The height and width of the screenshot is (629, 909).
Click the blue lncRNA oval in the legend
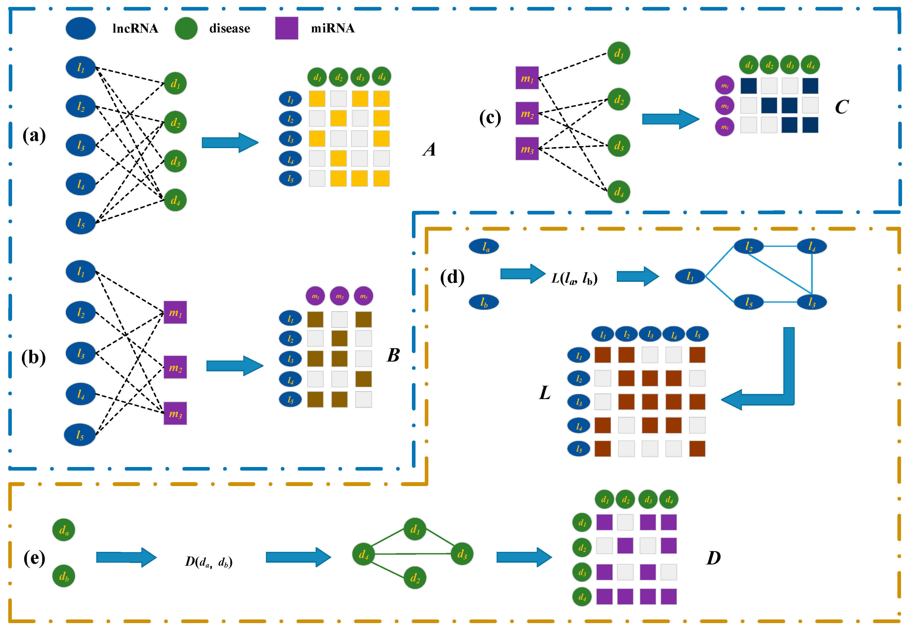tap(81, 28)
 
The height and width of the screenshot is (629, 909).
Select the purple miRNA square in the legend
tap(287, 28)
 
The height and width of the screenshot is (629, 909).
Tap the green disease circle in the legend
tap(186, 28)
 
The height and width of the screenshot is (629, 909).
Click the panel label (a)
tap(34, 136)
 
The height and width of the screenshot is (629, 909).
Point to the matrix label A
tap(429, 150)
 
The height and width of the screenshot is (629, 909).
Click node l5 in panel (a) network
tap(81, 223)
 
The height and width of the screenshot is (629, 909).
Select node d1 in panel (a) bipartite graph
tap(175, 83)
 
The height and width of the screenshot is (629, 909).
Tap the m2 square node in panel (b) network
tap(175, 367)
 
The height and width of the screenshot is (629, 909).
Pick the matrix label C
tap(842, 107)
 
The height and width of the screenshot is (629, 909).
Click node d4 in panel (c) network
tap(619, 192)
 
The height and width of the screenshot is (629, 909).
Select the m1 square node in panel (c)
tap(527, 78)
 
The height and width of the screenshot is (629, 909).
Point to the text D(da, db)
tap(209, 562)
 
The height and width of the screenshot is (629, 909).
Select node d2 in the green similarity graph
tap(415, 578)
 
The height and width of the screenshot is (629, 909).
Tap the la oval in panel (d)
tap(484, 247)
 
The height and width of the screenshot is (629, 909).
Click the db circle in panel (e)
tap(64, 576)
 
